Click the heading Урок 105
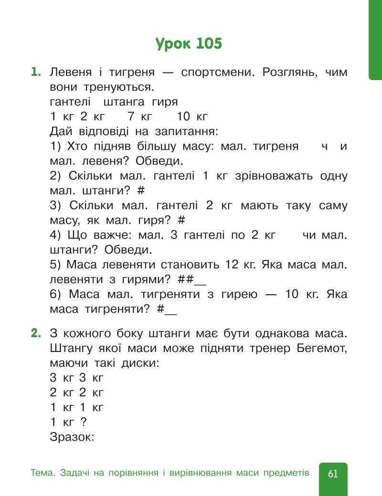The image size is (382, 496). point(189,44)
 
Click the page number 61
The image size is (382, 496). point(333,474)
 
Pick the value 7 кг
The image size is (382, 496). point(140,116)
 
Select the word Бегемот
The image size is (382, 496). point(318,348)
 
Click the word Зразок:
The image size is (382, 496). point(72,436)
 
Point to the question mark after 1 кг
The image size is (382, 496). point(84,422)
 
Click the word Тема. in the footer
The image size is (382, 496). point(43,473)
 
